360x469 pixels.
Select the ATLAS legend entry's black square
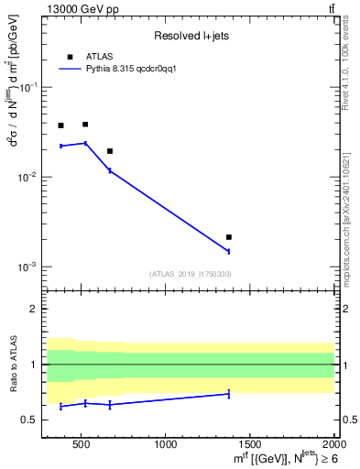pyautogui.click(x=71, y=56)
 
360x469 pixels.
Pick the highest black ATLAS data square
pyautogui.click(x=85, y=125)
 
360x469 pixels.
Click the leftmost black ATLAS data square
pyautogui.click(x=61, y=125)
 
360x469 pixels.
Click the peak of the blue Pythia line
pyautogui.click(x=85, y=143)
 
